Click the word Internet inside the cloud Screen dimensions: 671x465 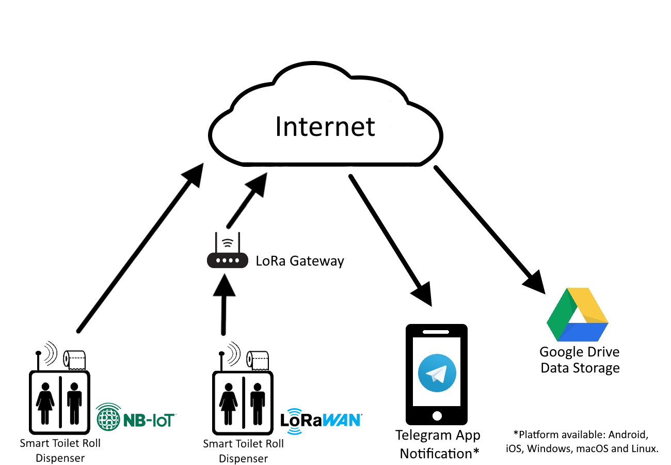click(325, 127)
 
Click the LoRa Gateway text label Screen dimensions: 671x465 click(300, 261)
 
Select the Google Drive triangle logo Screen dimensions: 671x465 click(577, 315)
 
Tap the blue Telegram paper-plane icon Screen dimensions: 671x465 click(437, 373)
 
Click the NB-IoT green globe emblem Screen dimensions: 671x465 click(108, 417)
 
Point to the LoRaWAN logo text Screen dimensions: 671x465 click(321, 421)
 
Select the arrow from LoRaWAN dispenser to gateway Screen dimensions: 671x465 click(224, 304)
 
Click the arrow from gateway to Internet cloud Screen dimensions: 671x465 click(247, 200)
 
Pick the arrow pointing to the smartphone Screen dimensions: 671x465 click(390, 240)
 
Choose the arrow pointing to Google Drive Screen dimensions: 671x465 click(490, 230)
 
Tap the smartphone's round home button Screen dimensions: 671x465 click(437, 416)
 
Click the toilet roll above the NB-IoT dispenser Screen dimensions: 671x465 click(75, 360)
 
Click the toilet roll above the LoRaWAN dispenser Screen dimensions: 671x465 click(258, 360)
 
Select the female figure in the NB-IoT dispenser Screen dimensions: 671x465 click(45, 403)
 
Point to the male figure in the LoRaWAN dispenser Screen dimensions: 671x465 click(258, 404)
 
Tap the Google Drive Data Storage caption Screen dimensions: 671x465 click(580, 360)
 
